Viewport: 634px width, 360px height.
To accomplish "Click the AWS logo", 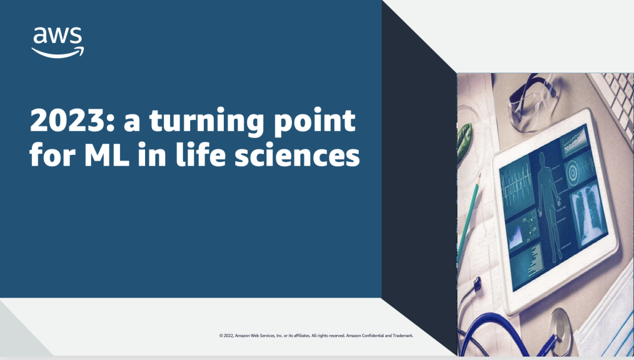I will [57, 42].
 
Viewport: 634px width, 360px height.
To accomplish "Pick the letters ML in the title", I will [104, 155].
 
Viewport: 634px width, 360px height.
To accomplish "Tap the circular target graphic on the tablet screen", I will [573, 169].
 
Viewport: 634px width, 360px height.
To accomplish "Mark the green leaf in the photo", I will [464, 141].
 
